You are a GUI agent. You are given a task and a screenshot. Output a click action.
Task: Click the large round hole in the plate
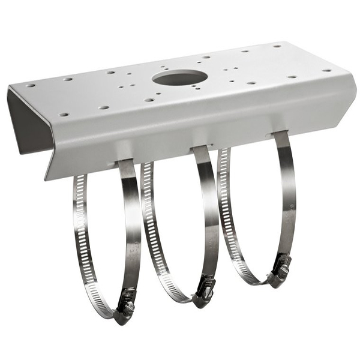coord(179,77)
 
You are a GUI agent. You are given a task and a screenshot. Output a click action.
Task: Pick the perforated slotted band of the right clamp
coord(227,210)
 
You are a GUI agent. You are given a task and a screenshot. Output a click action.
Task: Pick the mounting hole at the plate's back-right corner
coord(277,46)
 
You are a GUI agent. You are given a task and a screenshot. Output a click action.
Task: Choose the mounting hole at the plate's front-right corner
coord(326,70)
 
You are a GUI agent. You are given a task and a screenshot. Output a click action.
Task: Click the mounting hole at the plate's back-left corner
coord(31,85)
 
